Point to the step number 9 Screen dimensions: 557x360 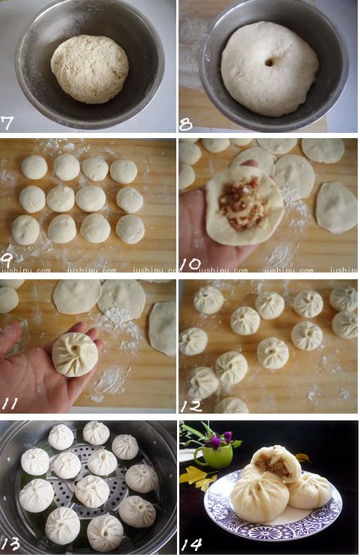click(x=8, y=262)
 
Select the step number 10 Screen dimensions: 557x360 click(x=190, y=261)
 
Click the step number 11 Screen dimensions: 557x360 click(x=10, y=404)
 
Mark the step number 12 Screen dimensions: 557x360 click(x=190, y=404)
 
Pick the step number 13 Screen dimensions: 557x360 click(x=10, y=544)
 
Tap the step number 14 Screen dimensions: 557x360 click(x=192, y=544)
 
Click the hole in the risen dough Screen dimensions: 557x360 click(x=269, y=62)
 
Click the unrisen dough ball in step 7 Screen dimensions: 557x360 click(x=90, y=69)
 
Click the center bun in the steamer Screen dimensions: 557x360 click(x=92, y=491)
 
